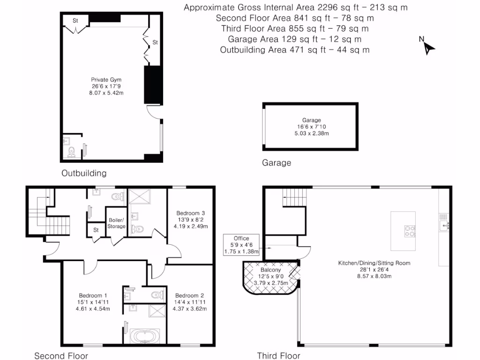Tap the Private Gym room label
tap(106, 80)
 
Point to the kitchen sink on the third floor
tap(444, 226)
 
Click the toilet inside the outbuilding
tap(72, 151)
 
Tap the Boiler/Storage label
tap(116, 223)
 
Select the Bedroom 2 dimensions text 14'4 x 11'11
tap(189, 302)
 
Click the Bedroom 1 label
tap(93, 295)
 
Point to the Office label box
tap(241, 245)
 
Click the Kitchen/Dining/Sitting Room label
tap(374, 263)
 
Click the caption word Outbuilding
tap(84, 173)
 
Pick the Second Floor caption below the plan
tap(62, 356)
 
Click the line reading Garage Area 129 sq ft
tap(294, 39)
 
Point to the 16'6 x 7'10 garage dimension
tap(308, 127)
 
